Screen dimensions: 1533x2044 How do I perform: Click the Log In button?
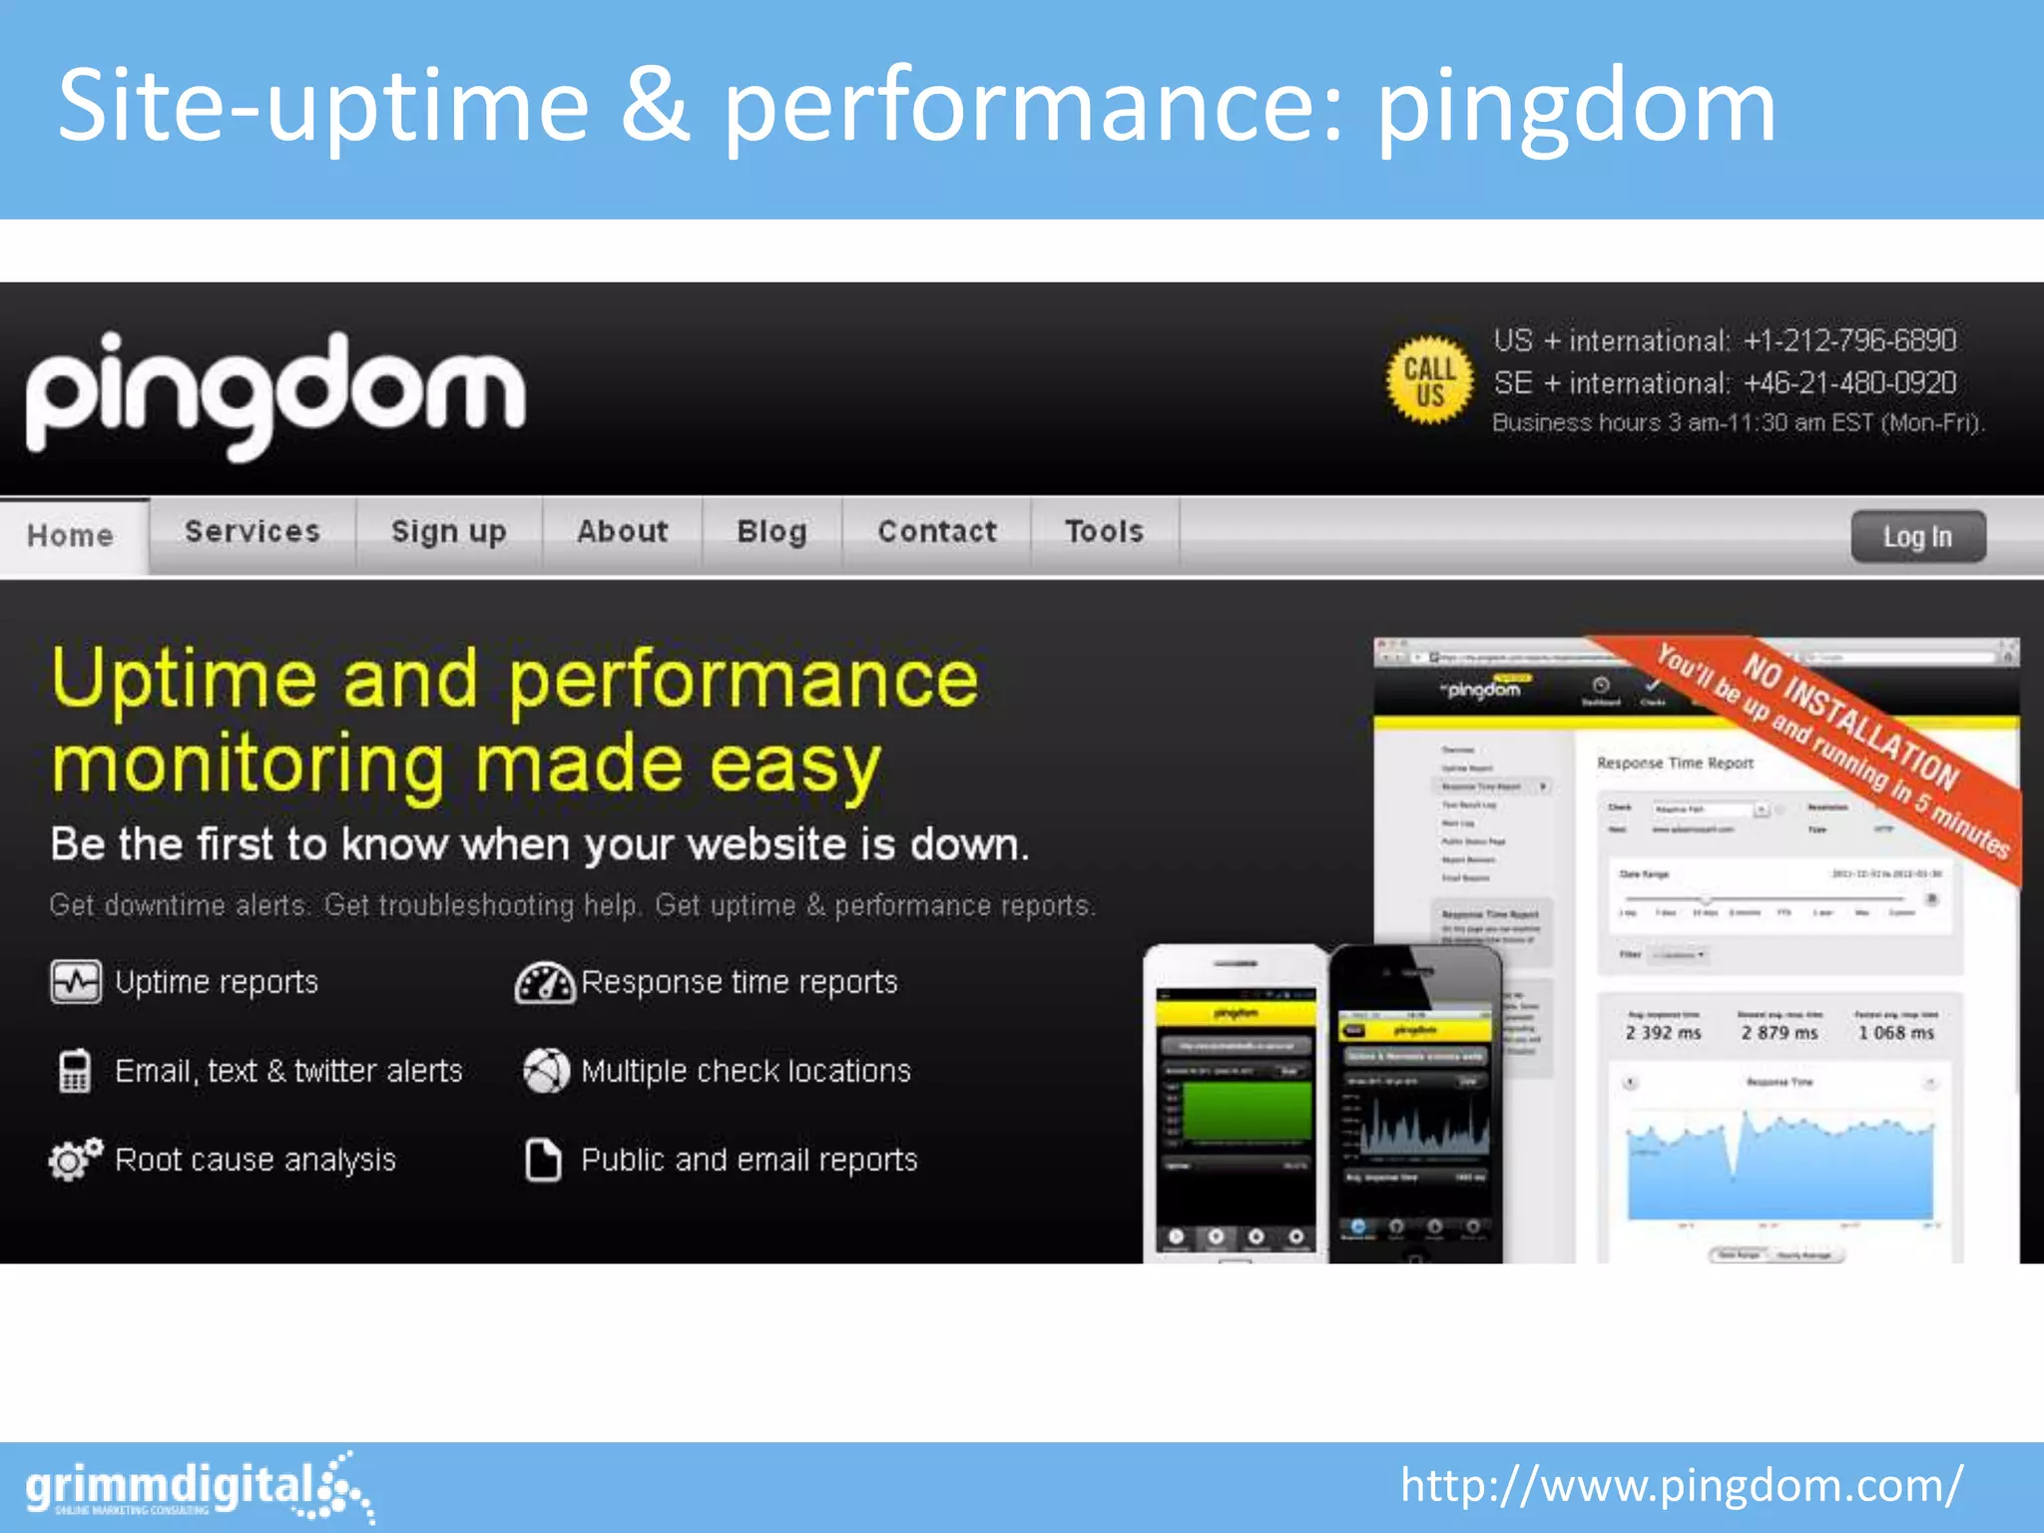point(1917,537)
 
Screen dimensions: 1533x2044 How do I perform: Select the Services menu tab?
point(253,532)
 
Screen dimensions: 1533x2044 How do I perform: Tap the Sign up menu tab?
point(449,532)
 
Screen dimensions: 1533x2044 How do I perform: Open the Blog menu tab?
point(771,532)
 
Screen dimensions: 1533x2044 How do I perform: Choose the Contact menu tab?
point(937,532)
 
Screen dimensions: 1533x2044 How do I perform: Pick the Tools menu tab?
point(1104,532)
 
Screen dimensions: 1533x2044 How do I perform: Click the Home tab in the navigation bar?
point(70,536)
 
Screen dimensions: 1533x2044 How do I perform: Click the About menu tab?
point(623,532)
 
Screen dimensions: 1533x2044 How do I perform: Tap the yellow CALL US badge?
point(1429,381)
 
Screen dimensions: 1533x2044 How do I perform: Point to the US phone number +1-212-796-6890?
point(1849,341)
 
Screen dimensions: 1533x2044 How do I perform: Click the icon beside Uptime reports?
point(76,982)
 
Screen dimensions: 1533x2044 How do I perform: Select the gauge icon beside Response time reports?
point(544,982)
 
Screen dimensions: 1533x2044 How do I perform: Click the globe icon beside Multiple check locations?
point(546,1071)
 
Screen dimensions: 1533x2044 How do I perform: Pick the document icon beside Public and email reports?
point(544,1160)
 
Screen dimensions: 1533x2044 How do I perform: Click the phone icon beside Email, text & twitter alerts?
point(75,1071)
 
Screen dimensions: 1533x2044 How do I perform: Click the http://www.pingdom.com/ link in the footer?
point(1681,1486)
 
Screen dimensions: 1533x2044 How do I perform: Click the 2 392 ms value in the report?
point(1663,1033)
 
